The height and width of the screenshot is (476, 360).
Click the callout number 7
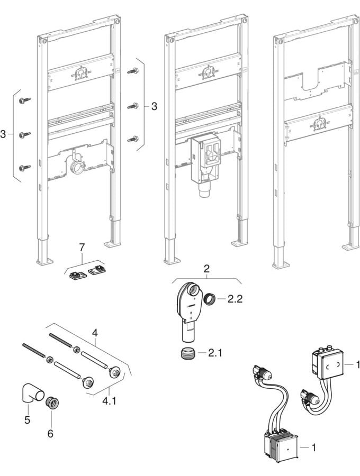point(82,248)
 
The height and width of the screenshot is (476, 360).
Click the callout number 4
point(95,333)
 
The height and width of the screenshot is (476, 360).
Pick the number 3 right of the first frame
point(154,106)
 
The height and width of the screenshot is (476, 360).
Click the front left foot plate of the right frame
point(281,263)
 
